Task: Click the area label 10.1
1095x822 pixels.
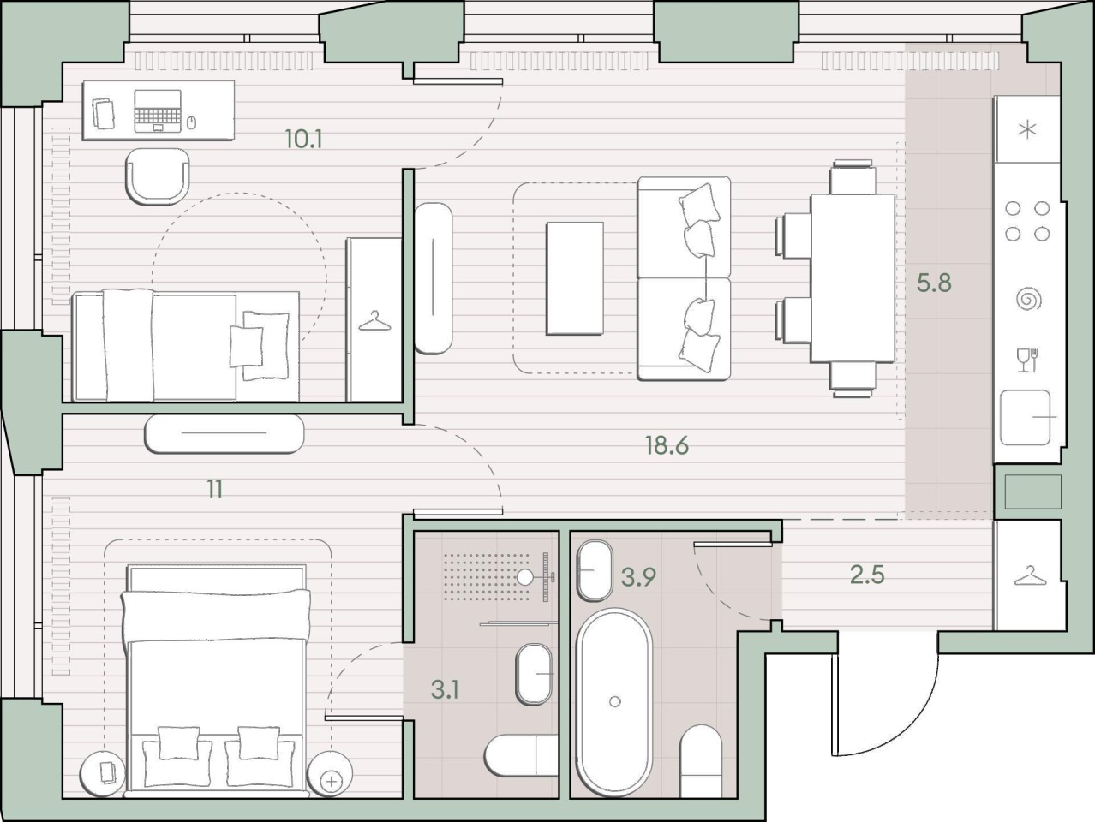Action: [303, 139]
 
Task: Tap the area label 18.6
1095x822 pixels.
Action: [667, 444]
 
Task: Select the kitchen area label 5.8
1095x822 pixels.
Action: [934, 283]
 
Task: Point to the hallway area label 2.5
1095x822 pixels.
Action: [868, 575]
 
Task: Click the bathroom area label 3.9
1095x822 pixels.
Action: [638, 577]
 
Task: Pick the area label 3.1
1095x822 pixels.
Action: [445, 690]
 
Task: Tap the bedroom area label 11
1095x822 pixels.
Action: [215, 490]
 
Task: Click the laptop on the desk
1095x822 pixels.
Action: [158, 111]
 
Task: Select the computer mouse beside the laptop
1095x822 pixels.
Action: [191, 122]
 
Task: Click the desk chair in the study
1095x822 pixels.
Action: [158, 176]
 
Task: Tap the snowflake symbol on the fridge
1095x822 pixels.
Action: [1027, 130]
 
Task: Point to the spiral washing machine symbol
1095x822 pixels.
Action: [1029, 299]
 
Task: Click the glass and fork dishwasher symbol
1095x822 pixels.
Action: [1027, 360]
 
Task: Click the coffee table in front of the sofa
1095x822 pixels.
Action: [575, 278]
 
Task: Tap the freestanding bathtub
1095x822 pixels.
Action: [614, 701]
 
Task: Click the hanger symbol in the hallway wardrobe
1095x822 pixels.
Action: [1030, 575]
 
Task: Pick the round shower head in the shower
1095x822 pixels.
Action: [525, 577]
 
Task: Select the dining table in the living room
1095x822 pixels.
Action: [853, 278]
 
